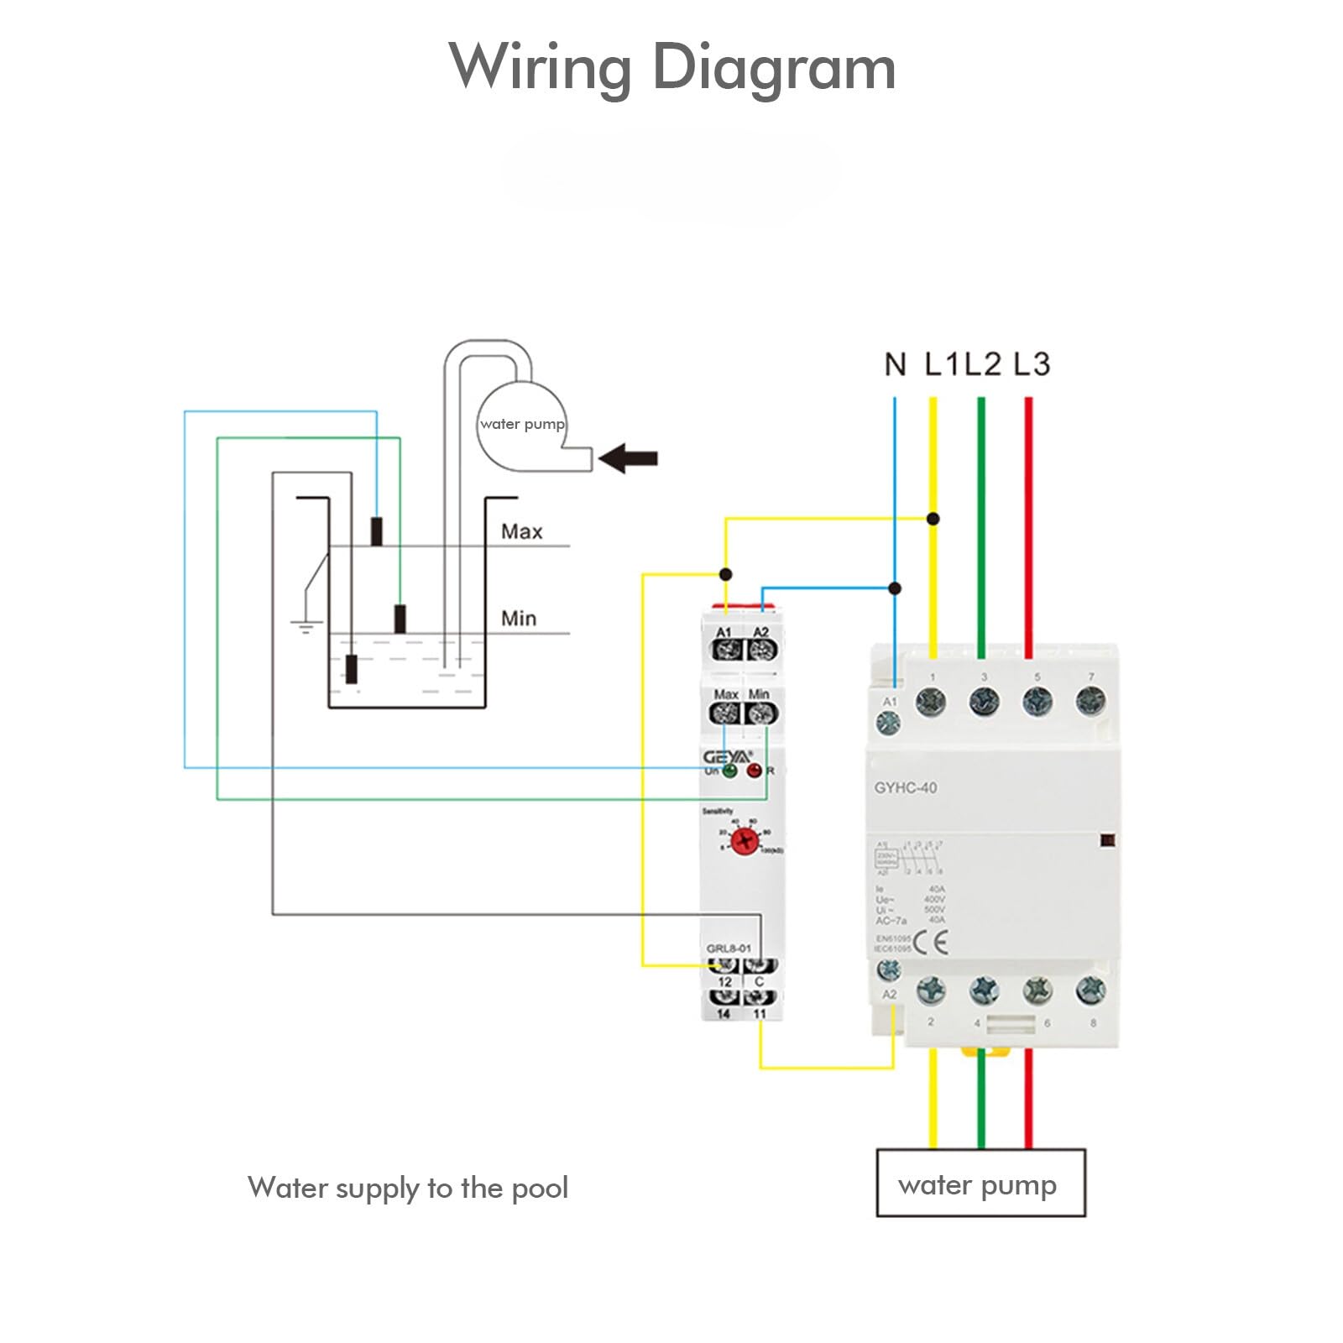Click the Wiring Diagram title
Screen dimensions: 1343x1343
pyautogui.click(x=671, y=67)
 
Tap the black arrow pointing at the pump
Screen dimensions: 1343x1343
pyautogui.click(x=630, y=458)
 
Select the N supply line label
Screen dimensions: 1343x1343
pyautogui.click(x=895, y=364)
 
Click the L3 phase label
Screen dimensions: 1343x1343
pyautogui.click(x=1031, y=364)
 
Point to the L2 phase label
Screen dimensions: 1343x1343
pyautogui.click(x=982, y=364)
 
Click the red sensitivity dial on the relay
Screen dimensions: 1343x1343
pyautogui.click(x=744, y=840)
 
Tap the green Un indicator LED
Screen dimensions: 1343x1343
pyautogui.click(x=730, y=771)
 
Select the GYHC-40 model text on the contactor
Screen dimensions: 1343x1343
pyautogui.click(x=905, y=788)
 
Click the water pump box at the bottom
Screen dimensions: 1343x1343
pyautogui.click(x=980, y=1183)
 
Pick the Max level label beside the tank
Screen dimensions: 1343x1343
pyautogui.click(x=521, y=531)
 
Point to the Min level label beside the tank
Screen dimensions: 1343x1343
pyautogui.click(x=518, y=619)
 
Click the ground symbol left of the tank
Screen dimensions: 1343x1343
pyautogui.click(x=306, y=625)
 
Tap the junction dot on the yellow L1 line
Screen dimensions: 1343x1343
pyautogui.click(x=933, y=519)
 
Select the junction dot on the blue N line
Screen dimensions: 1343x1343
pyautogui.click(x=895, y=588)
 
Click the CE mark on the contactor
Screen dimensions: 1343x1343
pyautogui.click(x=930, y=943)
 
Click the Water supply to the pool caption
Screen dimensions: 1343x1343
pyautogui.click(x=408, y=1188)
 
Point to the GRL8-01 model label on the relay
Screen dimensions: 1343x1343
pyautogui.click(x=728, y=948)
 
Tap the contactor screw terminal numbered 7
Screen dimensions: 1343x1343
pyautogui.click(x=1090, y=701)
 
